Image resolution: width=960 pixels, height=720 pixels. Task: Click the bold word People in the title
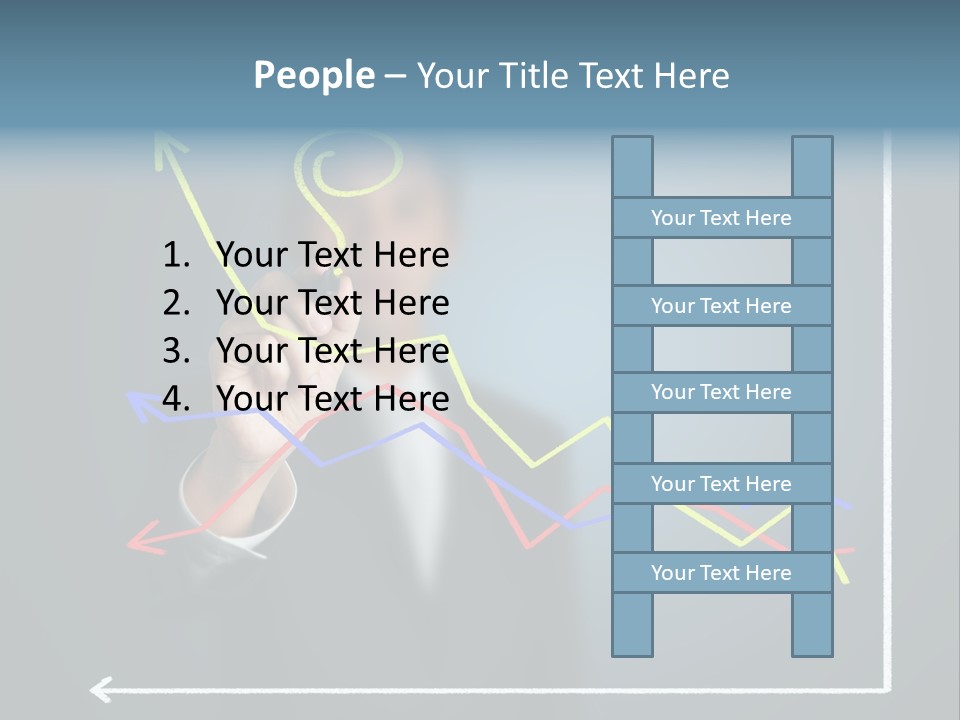(313, 75)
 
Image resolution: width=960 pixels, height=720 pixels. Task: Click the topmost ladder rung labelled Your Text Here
(721, 218)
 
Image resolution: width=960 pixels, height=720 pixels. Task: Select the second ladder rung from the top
(721, 306)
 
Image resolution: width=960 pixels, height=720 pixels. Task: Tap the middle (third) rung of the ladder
(721, 392)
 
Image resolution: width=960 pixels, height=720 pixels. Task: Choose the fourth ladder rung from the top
(721, 484)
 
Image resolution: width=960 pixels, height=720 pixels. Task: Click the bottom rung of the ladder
(721, 573)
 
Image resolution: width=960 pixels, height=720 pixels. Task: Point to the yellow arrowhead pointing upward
(169, 149)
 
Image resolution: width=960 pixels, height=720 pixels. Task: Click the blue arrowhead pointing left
(140, 405)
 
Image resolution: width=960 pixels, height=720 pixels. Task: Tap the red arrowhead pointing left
(143, 541)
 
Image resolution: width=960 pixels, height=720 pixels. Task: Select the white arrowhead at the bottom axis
(100, 689)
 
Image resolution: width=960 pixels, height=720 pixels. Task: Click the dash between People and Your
(395, 76)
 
